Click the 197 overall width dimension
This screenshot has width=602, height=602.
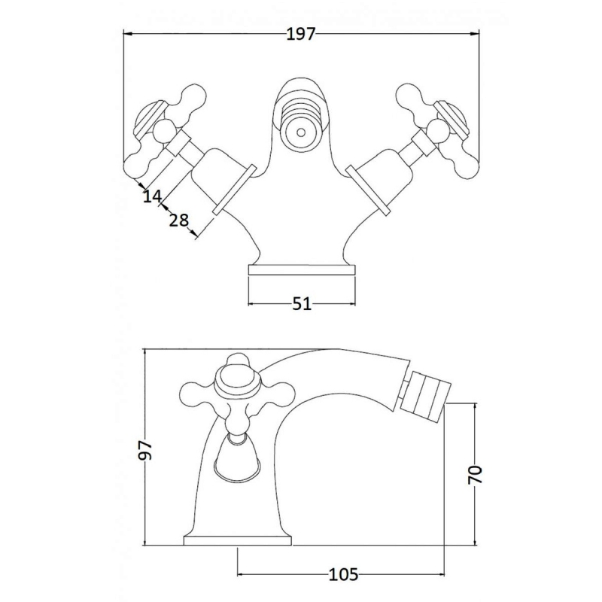click(300, 35)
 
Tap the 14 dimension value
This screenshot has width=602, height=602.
click(153, 196)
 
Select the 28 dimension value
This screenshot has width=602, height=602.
click(179, 220)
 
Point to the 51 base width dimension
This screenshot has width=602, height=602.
click(302, 304)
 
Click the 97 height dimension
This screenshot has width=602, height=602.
click(146, 449)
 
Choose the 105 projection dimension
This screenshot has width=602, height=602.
click(344, 575)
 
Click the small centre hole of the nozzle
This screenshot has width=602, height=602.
click(302, 133)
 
